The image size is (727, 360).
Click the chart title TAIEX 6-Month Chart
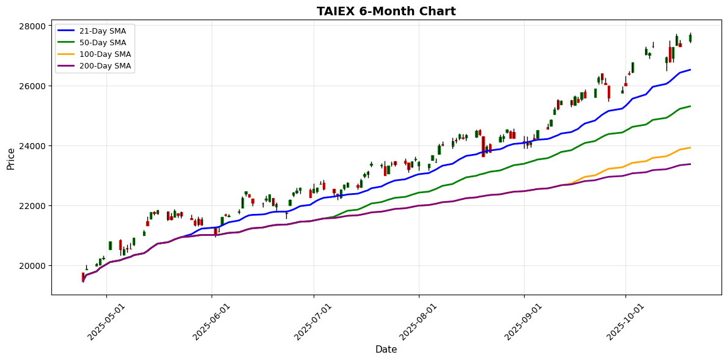386,11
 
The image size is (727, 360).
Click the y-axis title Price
11,158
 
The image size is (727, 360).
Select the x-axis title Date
386,350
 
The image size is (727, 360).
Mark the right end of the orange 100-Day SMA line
690,147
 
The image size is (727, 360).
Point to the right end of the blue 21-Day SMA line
690,70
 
